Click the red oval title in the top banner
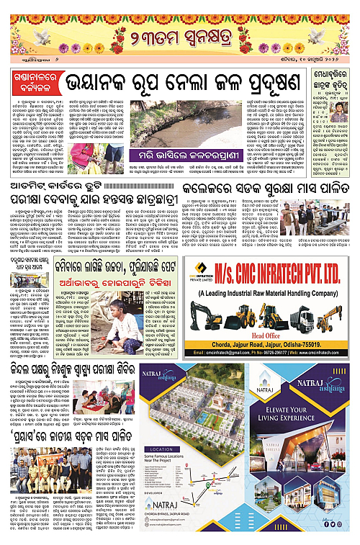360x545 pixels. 179,34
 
